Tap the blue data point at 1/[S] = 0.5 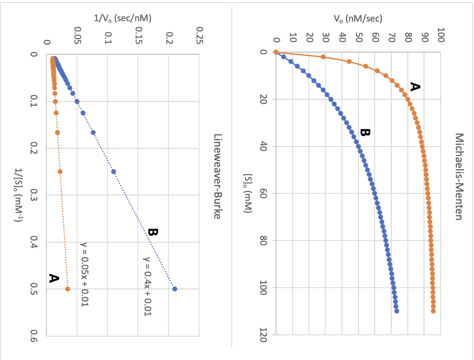coord(175,289)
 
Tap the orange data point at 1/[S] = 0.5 coord(68,289)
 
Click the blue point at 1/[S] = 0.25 coord(113,172)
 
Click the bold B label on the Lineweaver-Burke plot coord(152,232)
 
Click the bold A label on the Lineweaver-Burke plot coord(53,278)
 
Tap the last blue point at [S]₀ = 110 coord(397,311)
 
